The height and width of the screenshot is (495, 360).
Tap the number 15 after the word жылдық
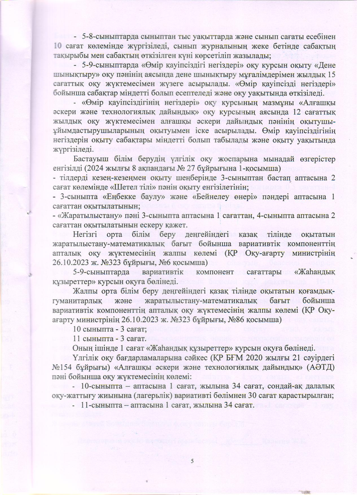pos(331,75)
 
